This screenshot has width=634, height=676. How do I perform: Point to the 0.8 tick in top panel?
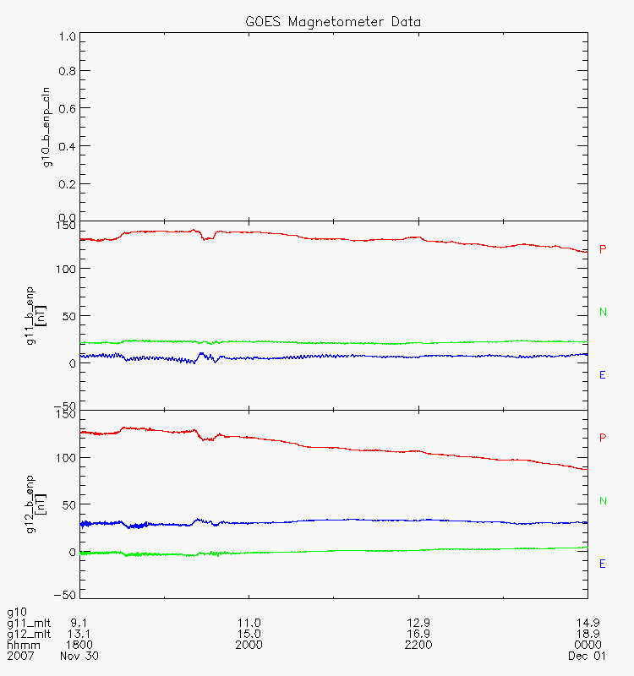[x=68, y=72]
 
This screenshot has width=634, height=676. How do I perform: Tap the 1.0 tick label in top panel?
[x=68, y=37]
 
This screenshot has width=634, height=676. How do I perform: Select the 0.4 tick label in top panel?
[x=68, y=145]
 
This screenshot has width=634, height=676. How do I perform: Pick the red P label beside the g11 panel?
[x=603, y=249]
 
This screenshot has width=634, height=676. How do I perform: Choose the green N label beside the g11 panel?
[x=603, y=313]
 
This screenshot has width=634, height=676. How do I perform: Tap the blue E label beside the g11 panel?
[x=603, y=375]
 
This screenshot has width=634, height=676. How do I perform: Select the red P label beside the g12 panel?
[x=603, y=438]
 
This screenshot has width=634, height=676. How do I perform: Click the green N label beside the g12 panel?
[x=603, y=501]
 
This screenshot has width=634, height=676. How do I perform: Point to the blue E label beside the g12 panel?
[x=603, y=564]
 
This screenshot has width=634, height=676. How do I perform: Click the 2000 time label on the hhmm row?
[x=249, y=645]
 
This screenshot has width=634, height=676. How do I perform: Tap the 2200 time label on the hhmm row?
[x=418, y=645]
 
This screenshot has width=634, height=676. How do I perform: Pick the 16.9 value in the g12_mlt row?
[x=418, y=634]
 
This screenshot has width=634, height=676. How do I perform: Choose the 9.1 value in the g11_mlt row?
[x=80, y=623]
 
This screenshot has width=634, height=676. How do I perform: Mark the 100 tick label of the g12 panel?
[x=66, y=458]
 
